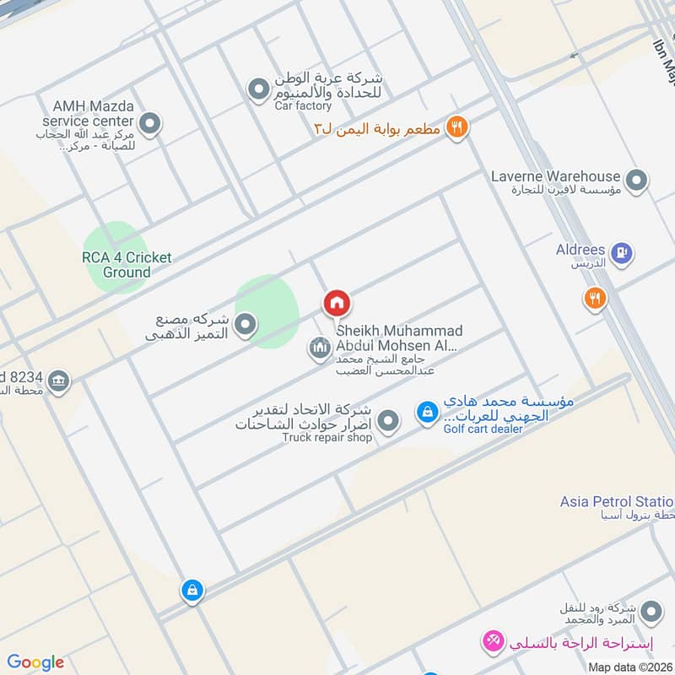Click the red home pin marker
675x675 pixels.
(x=337, y=303)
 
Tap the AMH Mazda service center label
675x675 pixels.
(x=93, y=114)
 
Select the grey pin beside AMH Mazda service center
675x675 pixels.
(x=150, y=126)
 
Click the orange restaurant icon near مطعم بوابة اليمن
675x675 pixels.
(x=456, y=127)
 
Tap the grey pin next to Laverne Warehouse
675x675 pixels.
(x=637, y=180)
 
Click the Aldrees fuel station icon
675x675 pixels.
(x=622, y=252)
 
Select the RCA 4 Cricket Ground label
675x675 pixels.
(x=127, y=265)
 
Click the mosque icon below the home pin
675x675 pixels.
(x=318, y=348)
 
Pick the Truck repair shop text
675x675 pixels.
(x=327, y=438)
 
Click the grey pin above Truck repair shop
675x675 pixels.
(x=387, y=420)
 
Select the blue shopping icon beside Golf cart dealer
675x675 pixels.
(x=427, y=413)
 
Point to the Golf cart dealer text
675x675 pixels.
(x=483, y=429)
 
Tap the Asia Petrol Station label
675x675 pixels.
(x=617, y=502)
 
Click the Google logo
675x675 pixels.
(x=35, y=662)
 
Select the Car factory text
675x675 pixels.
(x=303, y=106)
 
